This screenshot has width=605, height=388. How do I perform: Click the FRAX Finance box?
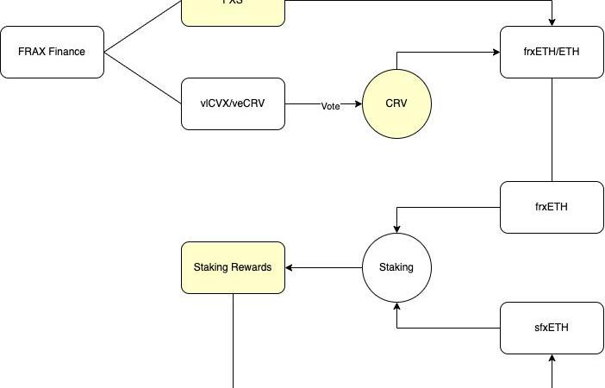(x=52, y=52)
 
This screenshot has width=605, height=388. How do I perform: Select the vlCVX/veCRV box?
(x=233, y=104)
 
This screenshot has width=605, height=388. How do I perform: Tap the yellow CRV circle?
(x=396, y=104)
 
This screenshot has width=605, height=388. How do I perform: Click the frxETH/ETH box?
(x=552, y=52)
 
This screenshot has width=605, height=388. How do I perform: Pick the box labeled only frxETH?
(x=552, y=207)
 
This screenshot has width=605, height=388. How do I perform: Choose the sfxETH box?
(x=552, y=328)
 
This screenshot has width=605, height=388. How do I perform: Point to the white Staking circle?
(x=396, y=267)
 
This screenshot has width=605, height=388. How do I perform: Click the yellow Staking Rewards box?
(x=233, y=267)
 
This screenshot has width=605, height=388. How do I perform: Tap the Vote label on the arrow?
(x=331, y=106)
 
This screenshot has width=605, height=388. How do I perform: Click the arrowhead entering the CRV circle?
(x=358, y=104)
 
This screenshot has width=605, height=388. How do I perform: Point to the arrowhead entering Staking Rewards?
(x=290, y=267)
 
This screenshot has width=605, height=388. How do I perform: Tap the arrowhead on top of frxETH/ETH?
(x=552, y=22)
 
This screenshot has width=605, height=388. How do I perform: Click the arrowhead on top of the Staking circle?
(x=396, y=228)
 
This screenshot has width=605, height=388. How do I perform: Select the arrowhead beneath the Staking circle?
(x=396, y=306)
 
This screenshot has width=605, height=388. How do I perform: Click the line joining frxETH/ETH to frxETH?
(x=552, y=129)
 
